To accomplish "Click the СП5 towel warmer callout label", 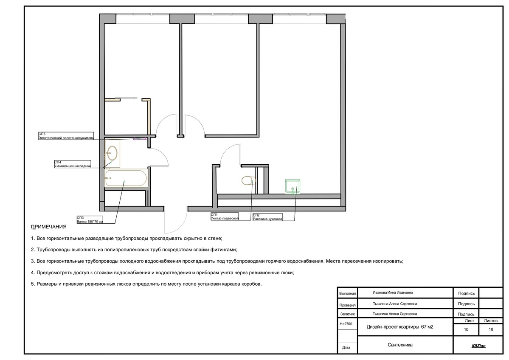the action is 66,136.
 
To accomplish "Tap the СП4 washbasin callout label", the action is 73,164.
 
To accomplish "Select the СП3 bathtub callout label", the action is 90,220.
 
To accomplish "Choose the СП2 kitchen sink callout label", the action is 267,217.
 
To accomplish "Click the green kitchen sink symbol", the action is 292,186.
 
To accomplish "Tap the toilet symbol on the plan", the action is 249,180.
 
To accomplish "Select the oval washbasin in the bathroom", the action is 112,151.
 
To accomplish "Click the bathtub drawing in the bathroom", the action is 126,179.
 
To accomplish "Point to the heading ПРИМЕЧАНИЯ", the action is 49,227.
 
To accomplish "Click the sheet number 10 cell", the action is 466,329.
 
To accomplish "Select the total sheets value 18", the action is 491,329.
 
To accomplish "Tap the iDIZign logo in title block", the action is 479,346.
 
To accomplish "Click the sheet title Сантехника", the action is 400,345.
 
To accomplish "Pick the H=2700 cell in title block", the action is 346,324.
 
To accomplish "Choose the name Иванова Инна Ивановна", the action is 393,292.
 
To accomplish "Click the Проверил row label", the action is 347,305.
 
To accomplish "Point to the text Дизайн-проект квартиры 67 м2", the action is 400,327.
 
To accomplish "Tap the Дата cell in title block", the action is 346,348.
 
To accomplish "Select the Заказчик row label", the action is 347,314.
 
